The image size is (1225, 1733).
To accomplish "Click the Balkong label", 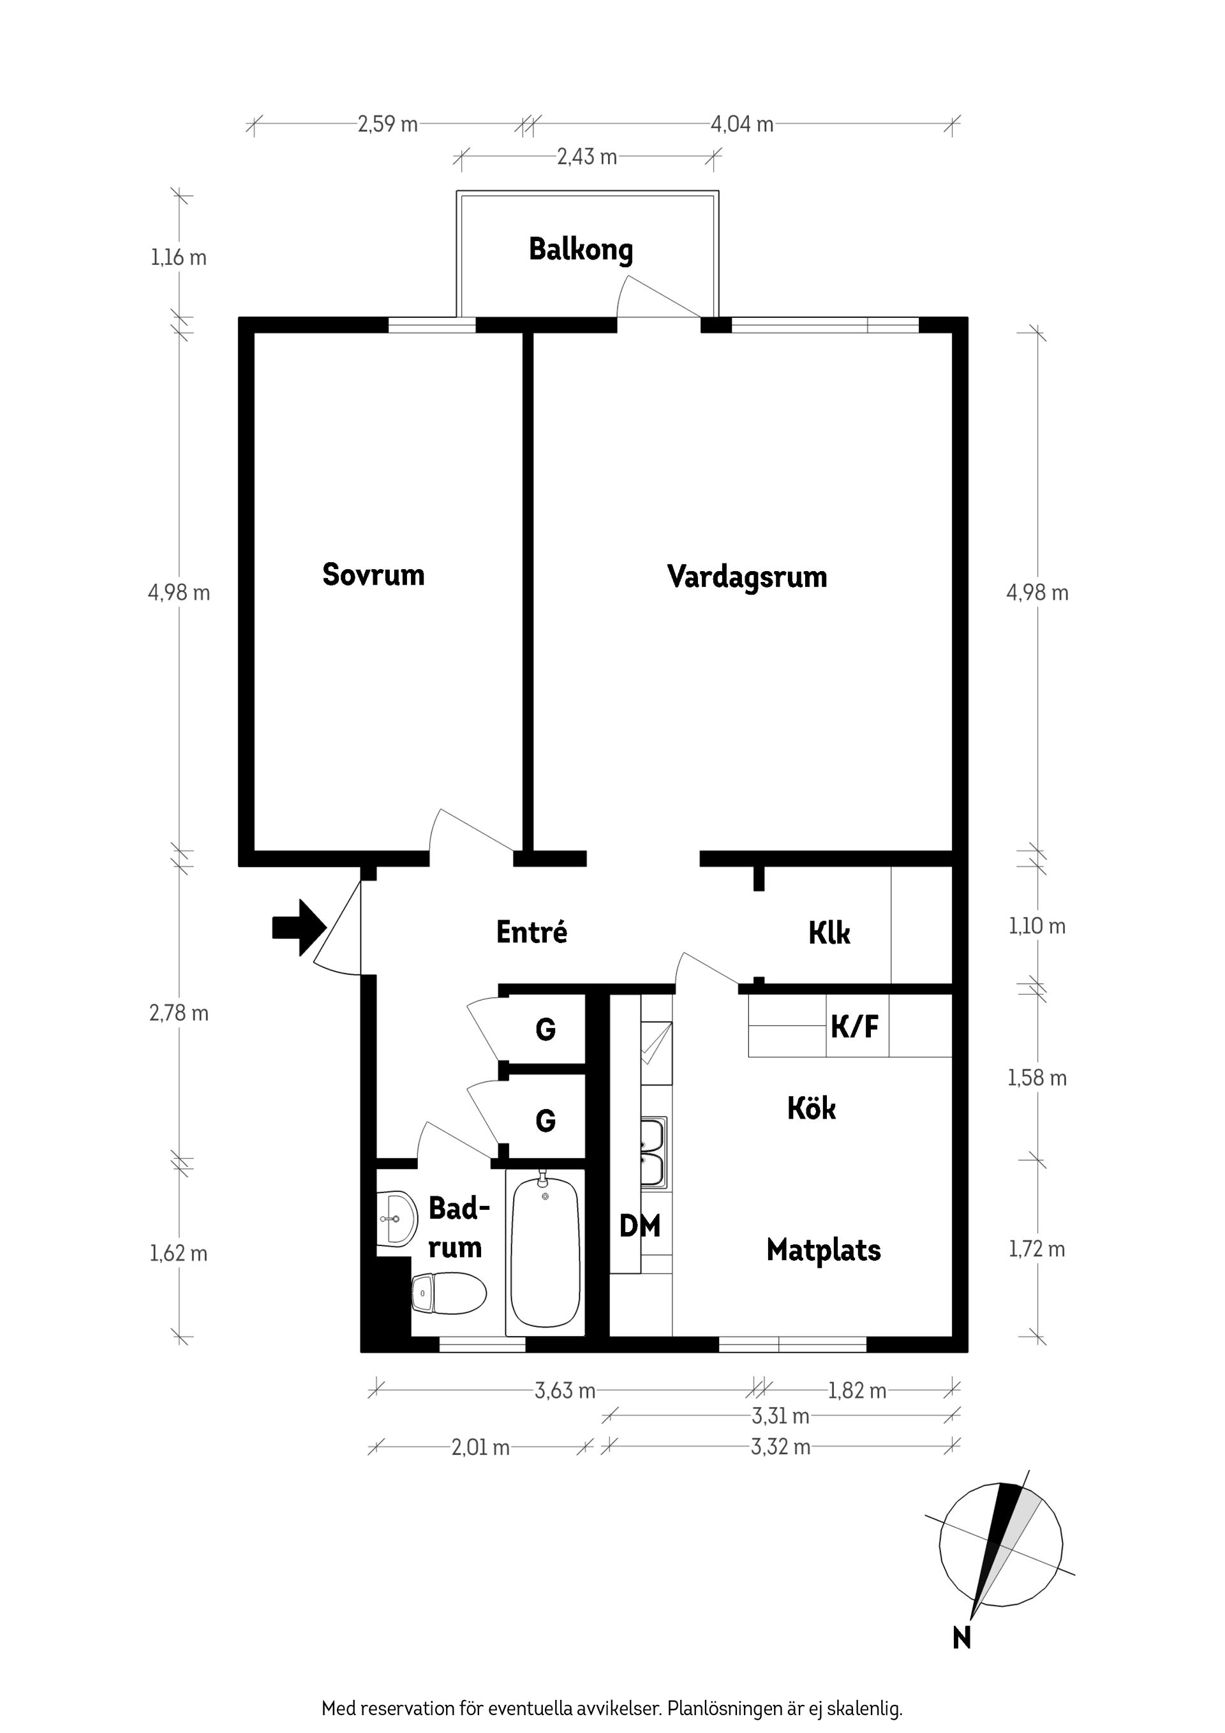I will tap(581, 249).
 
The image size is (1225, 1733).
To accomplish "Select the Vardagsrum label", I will tap(746, 577).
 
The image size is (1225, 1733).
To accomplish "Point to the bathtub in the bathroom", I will tap(545, 1254).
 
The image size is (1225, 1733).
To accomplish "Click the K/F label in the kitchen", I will tap(854, 1027).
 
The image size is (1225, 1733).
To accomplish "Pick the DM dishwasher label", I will tap(639, 1226).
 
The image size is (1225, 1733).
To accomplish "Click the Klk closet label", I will tap(829, 933).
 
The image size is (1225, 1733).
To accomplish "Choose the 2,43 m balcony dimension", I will tap(586, 157).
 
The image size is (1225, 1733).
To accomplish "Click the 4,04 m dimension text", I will tap(741, 124).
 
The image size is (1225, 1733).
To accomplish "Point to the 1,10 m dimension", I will tap(1037, 926).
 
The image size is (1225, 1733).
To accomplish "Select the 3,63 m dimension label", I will tap(565, 1390).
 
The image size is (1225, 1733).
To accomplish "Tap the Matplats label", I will tap(824, 1250).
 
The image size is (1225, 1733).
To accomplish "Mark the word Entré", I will tap(531, 932).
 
